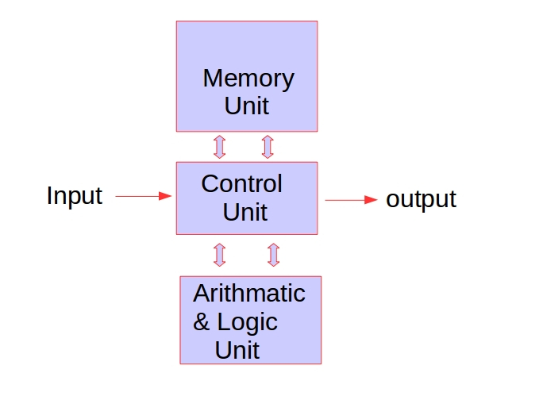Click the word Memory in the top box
coord(248,79)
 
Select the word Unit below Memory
coord(247,106)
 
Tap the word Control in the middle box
coord(241,184)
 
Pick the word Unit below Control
coord(245,212)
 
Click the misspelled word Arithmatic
coord(249,294)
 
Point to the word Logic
coord(247,322)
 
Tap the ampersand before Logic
coord(202,322)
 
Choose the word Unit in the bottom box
coord(237,349)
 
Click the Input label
coord(75,196)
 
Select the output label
coord(421,199)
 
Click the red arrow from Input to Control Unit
coord(144,195)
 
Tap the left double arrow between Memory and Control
coord(220,147)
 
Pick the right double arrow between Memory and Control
coord(268,147)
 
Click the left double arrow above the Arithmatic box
coord(220,255)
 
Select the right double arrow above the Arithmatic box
coord(273,255)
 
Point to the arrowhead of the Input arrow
coord(166,195)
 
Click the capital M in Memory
coord(212,79)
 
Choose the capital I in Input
coord(50,196)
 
